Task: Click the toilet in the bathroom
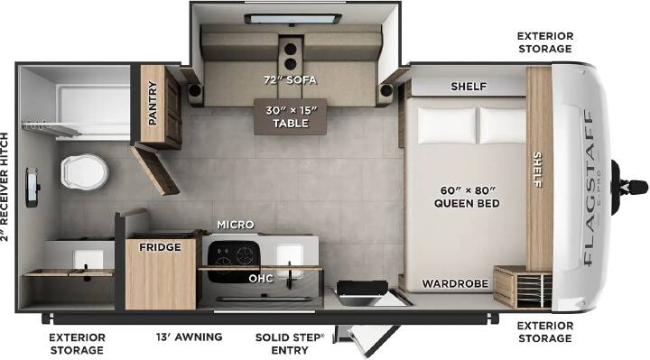tap(85, 171)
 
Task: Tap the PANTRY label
tap(153, 103)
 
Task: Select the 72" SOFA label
tap(290, 79)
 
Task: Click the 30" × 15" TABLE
tap(290, 116)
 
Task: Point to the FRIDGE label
tap(160, 247)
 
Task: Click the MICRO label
tap(236, 225)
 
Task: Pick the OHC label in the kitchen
tap(261, 279)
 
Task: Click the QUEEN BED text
tap(467, 203)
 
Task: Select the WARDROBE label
tap(455, 283)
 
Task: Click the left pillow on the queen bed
tap(447, 125)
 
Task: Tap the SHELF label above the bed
tap(469, 87)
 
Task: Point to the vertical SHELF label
tap(537, 169)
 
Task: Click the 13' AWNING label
tap(189, 337)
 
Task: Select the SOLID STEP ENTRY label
tap(290, 344)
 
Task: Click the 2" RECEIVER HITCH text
tap(5, 187)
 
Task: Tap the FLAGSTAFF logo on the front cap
tap(589, 188)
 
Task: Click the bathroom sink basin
tap(88, 260)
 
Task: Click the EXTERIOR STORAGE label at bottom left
tap(77, 344)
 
